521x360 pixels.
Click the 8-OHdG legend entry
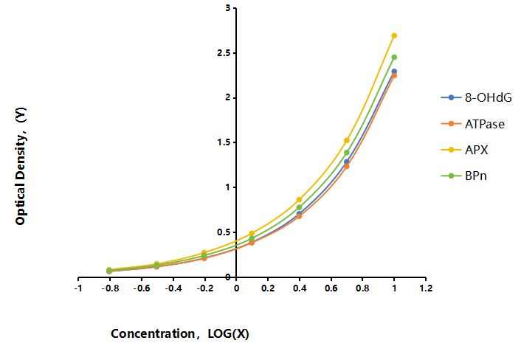pyautogui.click(x=476, y=97)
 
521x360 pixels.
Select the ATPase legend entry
pyautogui.click(x=472, y=124)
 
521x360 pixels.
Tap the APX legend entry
pyautogui.click(x=464, y=150)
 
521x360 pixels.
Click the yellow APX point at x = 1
pyautogui.click(x=394, y=35)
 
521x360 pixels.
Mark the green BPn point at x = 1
pyautogui.click(x=394, y=57)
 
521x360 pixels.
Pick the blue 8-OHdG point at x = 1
pyautogui.click(x=394, y=72)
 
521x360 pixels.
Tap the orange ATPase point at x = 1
pyautogui.click(x=394, y=76)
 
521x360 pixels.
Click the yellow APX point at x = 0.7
pyautogui.click(x=347, y=140)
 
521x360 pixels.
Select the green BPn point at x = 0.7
pyautogui.click(x=347, y=153)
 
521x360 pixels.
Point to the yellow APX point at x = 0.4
pyautogui.click(x=299, y=200)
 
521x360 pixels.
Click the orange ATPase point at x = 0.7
pyautogui.click(x=347, y=166)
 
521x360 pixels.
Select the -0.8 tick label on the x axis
pyautogui.click(x=110, y=288)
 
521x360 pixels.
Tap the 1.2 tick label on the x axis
pyautogui.click(x=426, y=288)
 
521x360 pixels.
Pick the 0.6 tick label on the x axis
pyautogui.click(x=331, y=288)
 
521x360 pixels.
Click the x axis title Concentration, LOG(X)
pyautogui.click(x=180, y=333)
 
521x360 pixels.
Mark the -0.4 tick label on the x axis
pyautogui.click(x=173, y=288)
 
